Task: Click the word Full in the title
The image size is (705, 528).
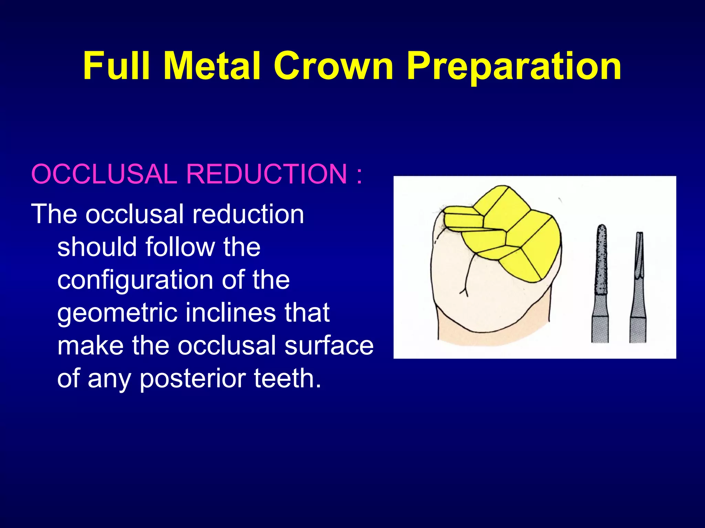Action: click(117, 66)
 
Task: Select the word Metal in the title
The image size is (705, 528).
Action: click(212, 66)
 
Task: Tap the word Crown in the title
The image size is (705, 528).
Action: click(333, 66)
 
